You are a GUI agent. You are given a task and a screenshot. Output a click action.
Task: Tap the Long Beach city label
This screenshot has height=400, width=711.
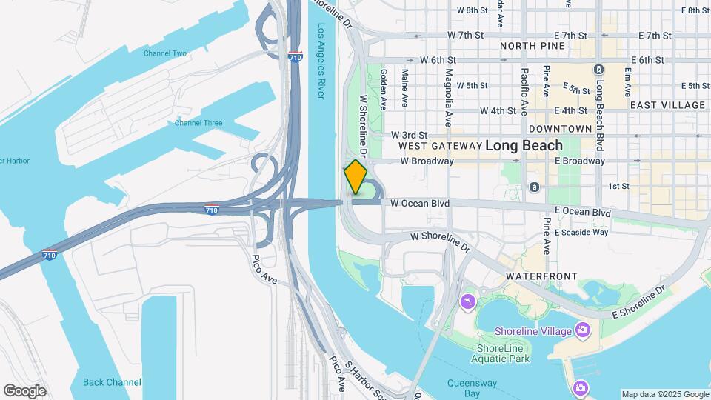tap(524, 146)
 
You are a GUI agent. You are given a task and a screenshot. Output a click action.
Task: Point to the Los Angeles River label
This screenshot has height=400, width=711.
tap(321, 63)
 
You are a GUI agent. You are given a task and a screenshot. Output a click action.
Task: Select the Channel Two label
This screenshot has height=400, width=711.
tap(165, 53)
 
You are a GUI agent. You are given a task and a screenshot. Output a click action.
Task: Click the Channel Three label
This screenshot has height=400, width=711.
tap(198, 123)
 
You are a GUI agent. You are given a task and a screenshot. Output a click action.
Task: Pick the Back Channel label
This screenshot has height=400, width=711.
tap(112, 382)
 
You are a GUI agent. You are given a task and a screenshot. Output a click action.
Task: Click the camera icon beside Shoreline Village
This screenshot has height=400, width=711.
tap(583, 329)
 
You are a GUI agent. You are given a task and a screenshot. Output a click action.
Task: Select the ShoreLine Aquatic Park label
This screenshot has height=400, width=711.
tap(504, 353)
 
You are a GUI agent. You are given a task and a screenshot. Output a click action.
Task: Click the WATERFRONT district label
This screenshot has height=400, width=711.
tap(541, 276)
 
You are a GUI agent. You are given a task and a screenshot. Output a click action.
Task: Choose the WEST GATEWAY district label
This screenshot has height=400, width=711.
tap(440, 146)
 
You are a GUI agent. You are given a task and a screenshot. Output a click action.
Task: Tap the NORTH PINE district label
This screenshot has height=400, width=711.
tap(533, 46)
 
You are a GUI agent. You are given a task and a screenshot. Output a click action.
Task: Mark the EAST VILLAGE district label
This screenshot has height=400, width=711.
tap(667, 105)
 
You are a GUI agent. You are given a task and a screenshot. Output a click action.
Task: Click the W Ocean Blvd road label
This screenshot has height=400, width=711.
tap(420, 202)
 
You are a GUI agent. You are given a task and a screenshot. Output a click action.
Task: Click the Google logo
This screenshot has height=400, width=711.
tap(24, 390)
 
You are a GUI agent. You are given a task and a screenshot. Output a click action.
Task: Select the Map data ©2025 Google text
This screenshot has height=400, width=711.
tap(664, 395)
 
